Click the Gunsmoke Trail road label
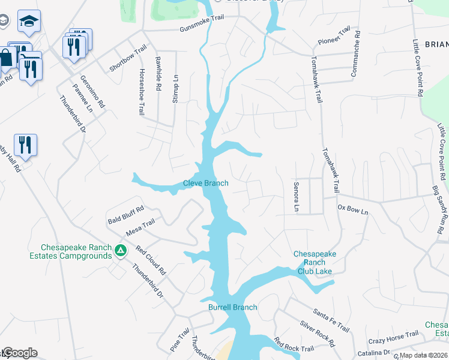[x=201, y=17]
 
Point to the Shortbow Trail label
[x=128, y=58]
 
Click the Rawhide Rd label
[x=158, y=74]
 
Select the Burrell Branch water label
[x=232, y=307]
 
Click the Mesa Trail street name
[x=140, y=227]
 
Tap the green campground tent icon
[x=121, y=250]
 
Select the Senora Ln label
[x=296, y=197]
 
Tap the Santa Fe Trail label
[x=331, y=319]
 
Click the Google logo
[x=20, y=353]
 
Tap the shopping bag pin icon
[x=6, y=58]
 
